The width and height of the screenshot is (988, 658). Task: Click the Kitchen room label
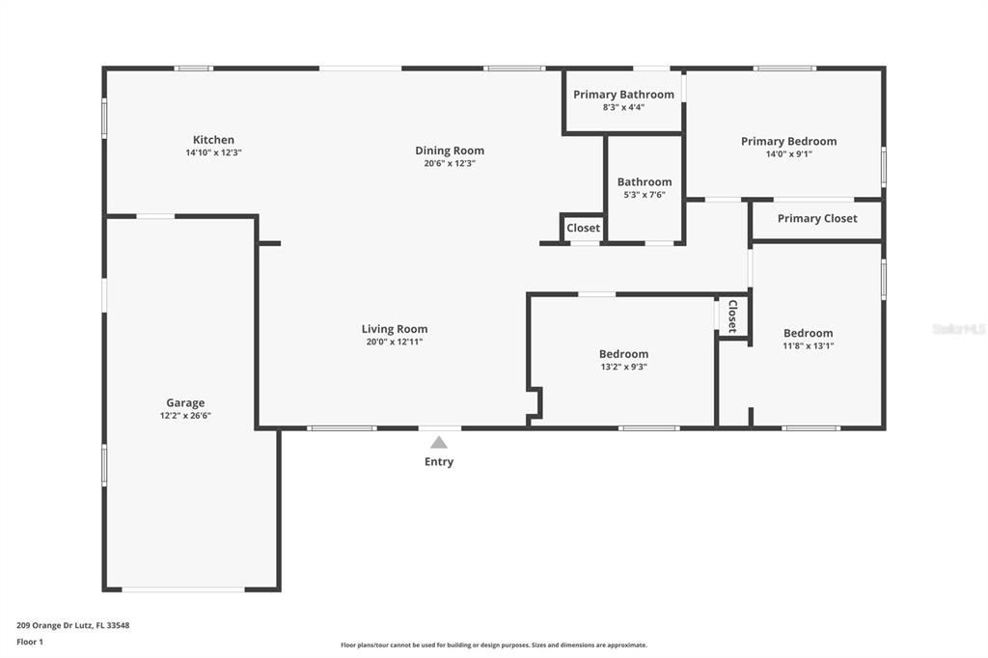pyautogui.click(x=213, y=140)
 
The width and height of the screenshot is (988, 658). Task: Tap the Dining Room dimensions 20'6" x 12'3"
pyautogui.click(x=450, y=163)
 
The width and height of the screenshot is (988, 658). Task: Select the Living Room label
pyautogui.click(x=395, y=329)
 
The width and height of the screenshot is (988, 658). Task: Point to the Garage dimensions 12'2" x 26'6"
pyautogui.click(x=185, y=416)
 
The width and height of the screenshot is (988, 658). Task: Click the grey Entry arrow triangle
pyautogui.click(x=439, y=443)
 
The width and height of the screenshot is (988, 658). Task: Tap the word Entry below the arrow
pyautogui.click(x=439, y=462)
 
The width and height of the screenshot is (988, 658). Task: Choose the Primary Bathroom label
pyautogui.click(x=624, y=95)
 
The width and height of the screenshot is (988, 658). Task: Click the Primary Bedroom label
pyautogui.click(x=789, y=142)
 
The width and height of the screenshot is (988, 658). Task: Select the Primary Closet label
pyautogui.click(x=817, y=219)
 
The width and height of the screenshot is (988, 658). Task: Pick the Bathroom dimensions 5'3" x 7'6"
pyautogui.click(x=645, y=195)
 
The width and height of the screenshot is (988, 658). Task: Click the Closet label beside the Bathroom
pyautogui.click(x=583, y=228)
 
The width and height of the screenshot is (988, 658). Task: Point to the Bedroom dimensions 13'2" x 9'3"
pyautogui.click(x=624, y=367)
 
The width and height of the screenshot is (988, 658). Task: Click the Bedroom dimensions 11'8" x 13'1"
pyautogui.click(x=809, y=346)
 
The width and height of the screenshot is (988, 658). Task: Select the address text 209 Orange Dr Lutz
pyautogui.click(x=55, y=626)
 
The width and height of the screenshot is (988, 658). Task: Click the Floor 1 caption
pyautogui.click(x=30, y=643)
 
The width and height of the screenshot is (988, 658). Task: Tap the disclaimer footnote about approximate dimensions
pyautogui.click(x=494, y=645)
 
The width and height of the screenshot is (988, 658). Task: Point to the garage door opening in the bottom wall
pyautogui.click(x=183, y=589)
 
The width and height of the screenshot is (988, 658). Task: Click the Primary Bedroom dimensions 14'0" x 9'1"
pyautogui.click(x=789, y=154)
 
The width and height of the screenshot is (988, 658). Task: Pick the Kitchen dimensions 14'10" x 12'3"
pyautogui.click(x=213, y=152)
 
